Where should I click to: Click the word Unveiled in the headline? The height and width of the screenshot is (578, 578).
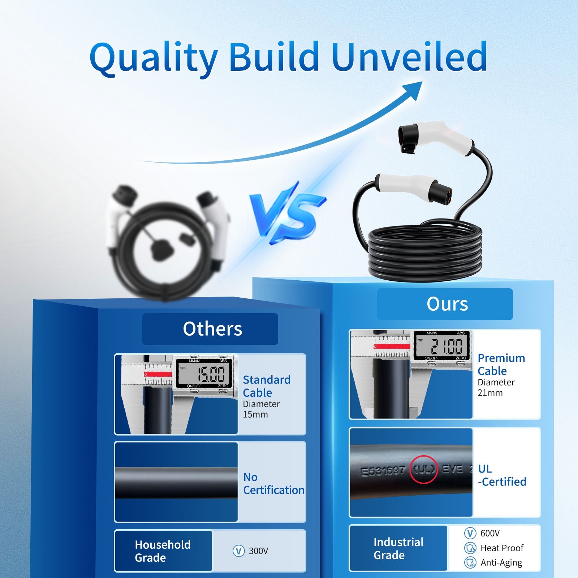tap(409, 56)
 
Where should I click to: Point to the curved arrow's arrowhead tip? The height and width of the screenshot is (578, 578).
tap(422, 82)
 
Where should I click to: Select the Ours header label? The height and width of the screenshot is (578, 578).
tap(447, 304)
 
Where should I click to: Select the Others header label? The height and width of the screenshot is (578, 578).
tap(212, 329)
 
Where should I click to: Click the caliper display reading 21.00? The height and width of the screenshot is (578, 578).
tap(442, 346)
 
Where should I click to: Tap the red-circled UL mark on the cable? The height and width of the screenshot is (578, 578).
tap(423, 470)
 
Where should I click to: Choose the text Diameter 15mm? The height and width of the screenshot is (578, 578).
tap(261, 409)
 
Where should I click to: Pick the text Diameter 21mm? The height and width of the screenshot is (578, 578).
tap(496, 387)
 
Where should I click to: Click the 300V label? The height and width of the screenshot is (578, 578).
tap(258, 551)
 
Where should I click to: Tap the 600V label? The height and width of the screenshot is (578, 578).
tap(490, 533)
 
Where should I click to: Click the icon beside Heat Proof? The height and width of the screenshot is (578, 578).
tap(470, 548)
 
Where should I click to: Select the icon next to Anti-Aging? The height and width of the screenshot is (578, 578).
tap(470, 562)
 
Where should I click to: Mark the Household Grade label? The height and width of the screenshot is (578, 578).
tap(163, 551)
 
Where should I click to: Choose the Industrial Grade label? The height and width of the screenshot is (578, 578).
tap(398, 548)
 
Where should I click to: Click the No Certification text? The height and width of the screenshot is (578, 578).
tap(273, 483)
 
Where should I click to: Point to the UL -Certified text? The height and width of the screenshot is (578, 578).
tap(502, 475)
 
